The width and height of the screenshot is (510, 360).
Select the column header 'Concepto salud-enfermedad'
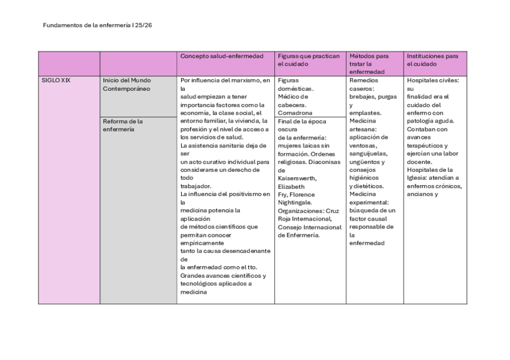(x=222, y=56)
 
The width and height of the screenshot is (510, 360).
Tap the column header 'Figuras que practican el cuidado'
(x=309, y=59)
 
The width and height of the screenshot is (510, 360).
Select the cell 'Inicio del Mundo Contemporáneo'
(x=127, y=84)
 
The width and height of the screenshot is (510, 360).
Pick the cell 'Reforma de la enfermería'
(x=123, y=124)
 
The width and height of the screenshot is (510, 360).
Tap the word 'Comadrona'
(x=295, y=112)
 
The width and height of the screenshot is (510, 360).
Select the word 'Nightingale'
(x=294, y=203)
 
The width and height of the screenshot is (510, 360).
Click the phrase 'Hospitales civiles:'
(x=432, y=80)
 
